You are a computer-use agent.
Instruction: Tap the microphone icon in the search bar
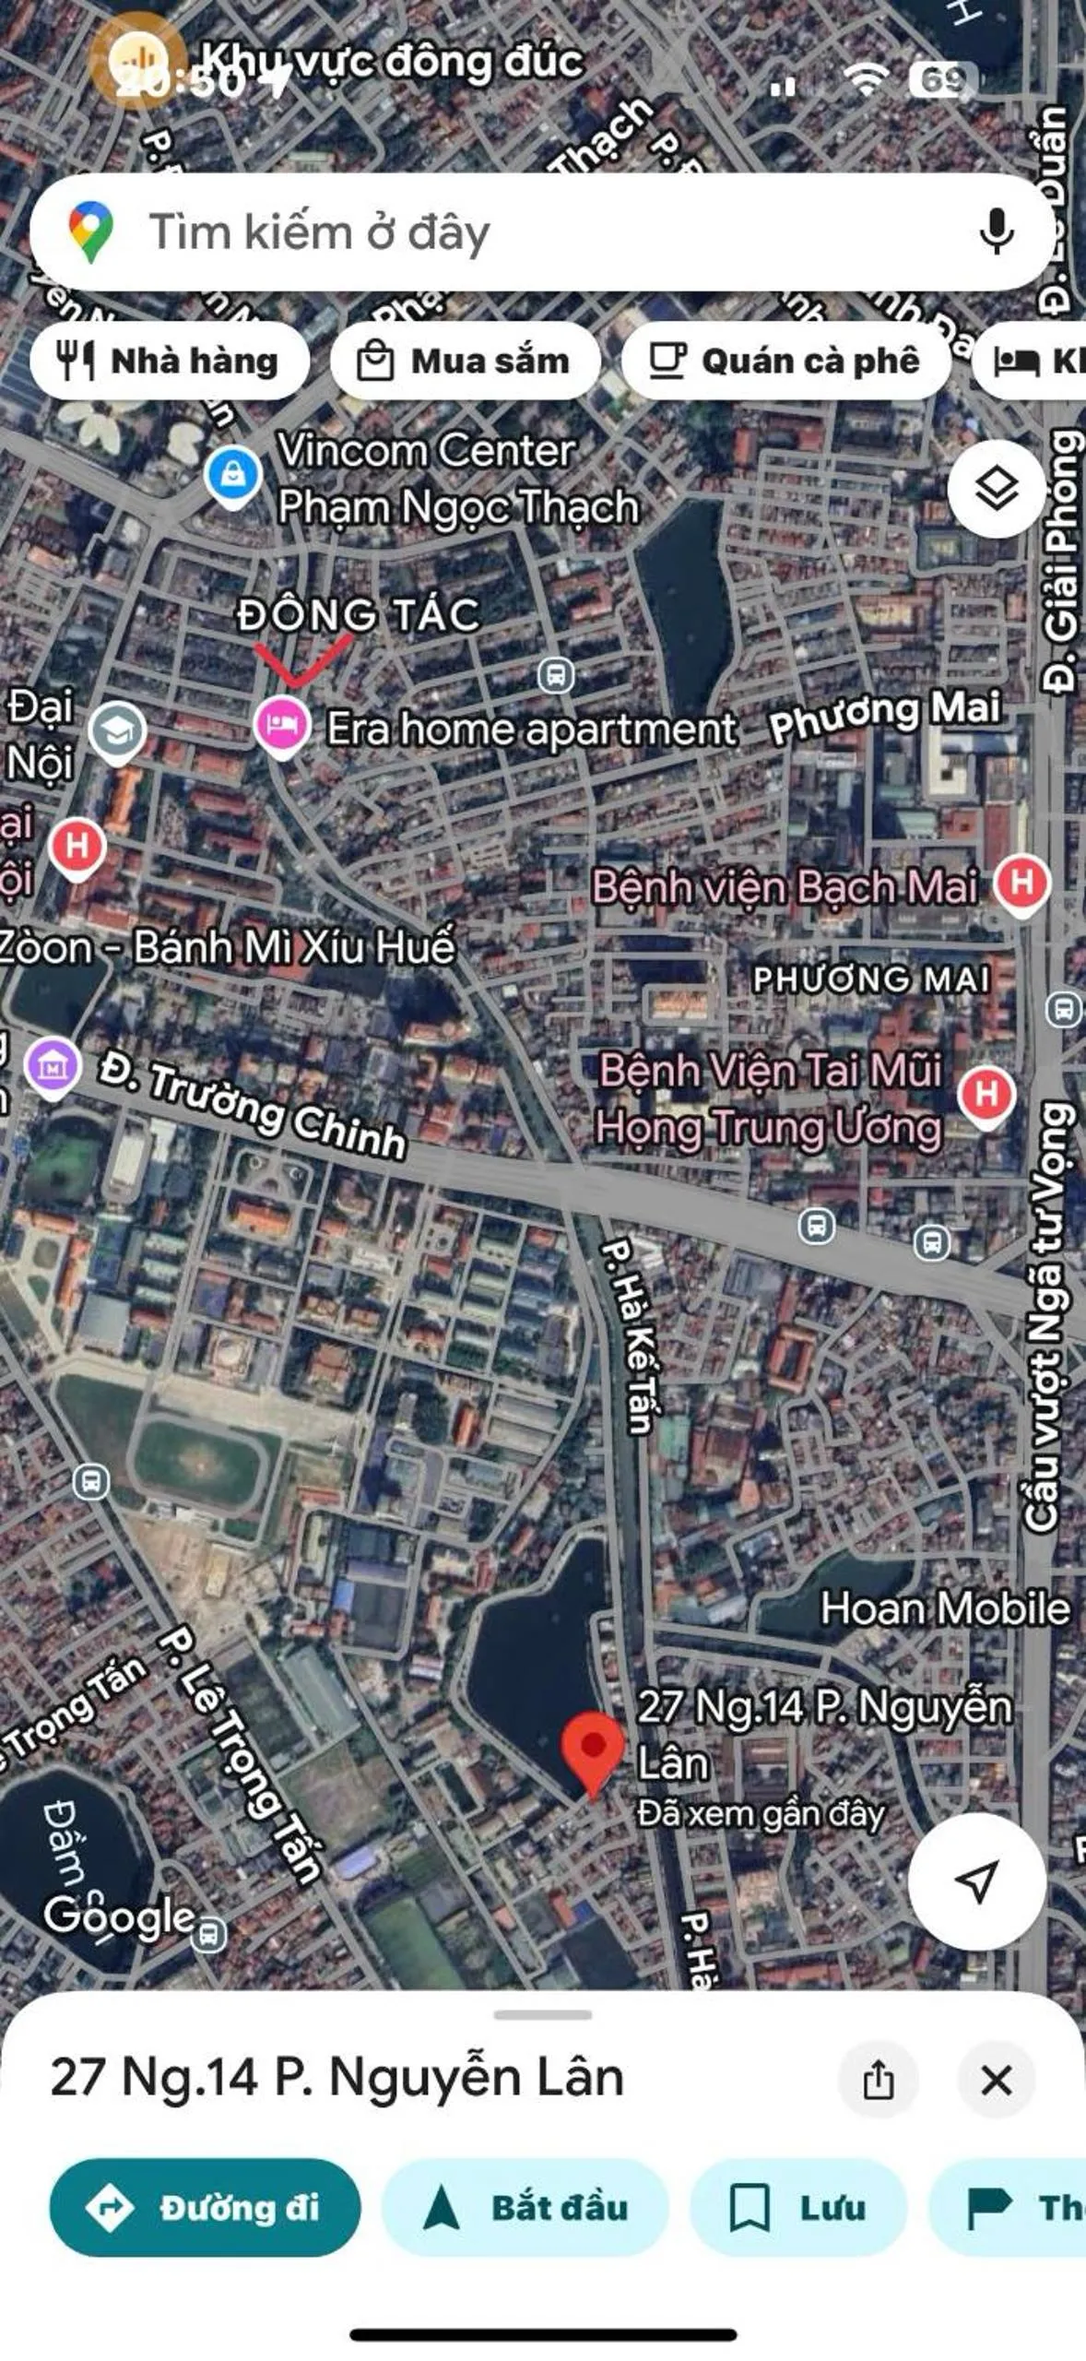point(996,231)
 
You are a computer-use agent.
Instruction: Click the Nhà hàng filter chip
point(170,361)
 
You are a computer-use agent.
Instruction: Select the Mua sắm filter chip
point(465,361)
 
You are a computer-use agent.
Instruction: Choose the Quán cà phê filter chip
point(785,361)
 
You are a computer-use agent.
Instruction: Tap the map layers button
point(997,488)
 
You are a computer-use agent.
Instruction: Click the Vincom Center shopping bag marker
point(232,474)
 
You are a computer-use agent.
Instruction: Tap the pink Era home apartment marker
point(281,726)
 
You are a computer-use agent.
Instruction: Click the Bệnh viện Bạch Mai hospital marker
point(1021,884)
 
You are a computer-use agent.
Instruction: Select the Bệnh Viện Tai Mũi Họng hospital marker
point(986,1095)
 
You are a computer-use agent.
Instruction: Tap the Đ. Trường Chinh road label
point(254,1109)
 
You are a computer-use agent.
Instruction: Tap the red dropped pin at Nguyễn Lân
point(593,1750)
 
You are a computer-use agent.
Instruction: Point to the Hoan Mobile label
point(945,1608)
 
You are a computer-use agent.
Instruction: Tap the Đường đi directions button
point(205,2207)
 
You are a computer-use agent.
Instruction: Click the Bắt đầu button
point(525,2207)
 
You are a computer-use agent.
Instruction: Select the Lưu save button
point(798,2207)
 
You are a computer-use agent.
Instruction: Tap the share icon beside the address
point(878,2080)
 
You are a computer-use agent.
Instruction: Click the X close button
point(996,2080)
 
